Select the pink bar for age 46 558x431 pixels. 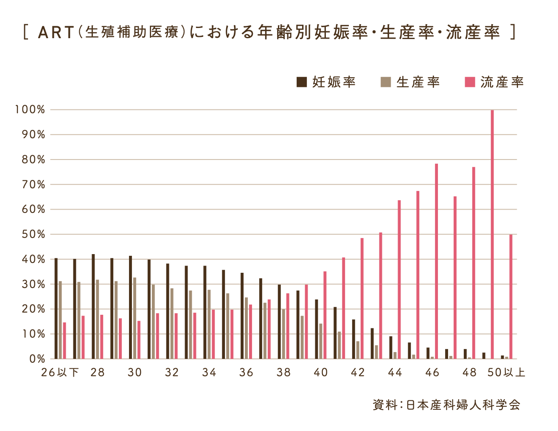click(436, 261)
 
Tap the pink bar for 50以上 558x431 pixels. click(511, 297)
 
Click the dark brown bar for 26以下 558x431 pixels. click(56, 308)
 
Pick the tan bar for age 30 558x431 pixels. click(135, 318)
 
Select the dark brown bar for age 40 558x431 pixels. click(317, 329)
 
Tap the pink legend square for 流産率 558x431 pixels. click(470, 82)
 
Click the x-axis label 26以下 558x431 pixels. click(60, 373)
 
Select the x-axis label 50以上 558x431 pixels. click(506, 373)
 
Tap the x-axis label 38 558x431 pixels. click(283, 373)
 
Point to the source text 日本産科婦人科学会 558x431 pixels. click(463, 405)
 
